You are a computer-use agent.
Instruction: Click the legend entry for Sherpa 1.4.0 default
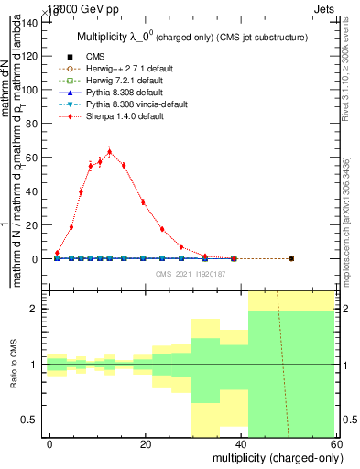click(x=119, y=118)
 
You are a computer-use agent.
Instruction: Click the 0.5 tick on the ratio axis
click(x=31, y=420)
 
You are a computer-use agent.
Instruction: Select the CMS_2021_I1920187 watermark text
click(x=190, y=273)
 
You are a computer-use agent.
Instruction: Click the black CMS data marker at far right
click(x=290, y=258)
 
